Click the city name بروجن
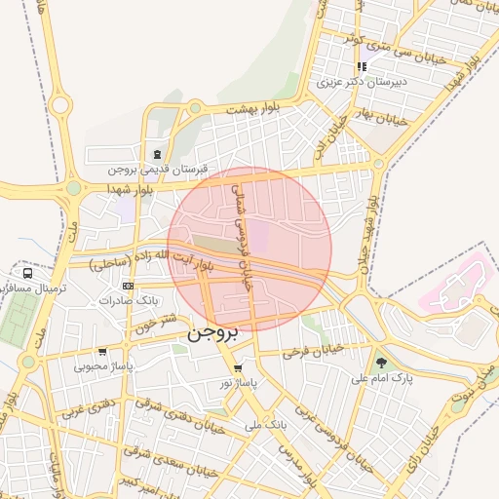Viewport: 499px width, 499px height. pyautogui.click(x=211, y=333)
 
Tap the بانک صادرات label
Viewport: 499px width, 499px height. pyautogui.click(x=128, y=300)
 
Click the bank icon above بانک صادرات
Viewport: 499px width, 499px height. pyautogui.click(x=129, y=285)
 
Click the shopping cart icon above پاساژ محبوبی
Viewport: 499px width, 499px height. pyautogui.click(x=103, y=352)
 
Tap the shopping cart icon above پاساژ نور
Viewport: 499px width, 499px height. pyautogui.click(x=239, y=368)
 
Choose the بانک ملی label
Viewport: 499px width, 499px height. pyautogui.click(x=267, y=425)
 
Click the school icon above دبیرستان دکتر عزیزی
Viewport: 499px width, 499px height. pyautogui.click(x=362, y=67)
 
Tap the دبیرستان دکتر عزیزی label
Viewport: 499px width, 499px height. pyautogui.click(x=362, y=83)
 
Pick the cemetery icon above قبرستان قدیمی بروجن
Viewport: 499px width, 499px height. pyautogui.click(x=158, y=153)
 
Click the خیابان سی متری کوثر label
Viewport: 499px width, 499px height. pyautogui.click(x=352, y=42)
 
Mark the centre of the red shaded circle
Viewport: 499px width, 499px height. pyautogui.click(x=249, y=249)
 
